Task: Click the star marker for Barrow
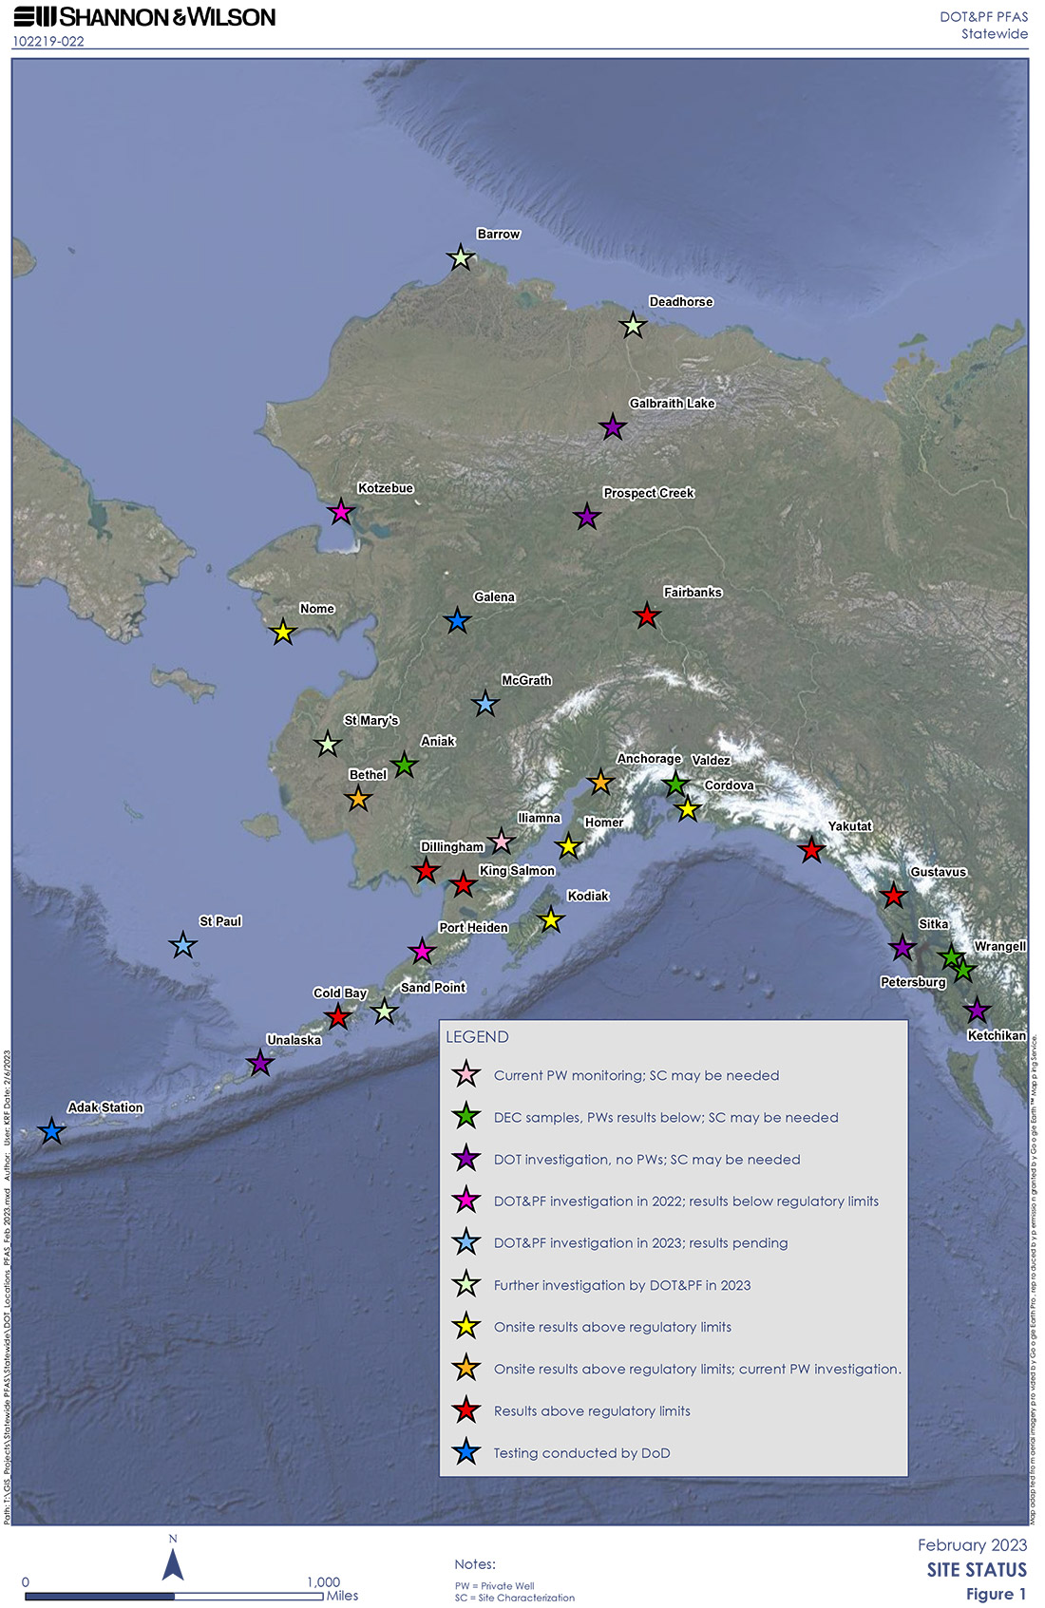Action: click(461, 257)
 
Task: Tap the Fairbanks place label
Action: click(693, 593)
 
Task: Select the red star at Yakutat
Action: click(810, 850)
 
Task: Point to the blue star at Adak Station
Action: click(51, 1131)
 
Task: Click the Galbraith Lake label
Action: click(672, 404)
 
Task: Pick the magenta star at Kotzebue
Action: click(340, 513)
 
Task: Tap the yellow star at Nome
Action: click(282, 633)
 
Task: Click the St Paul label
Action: click(220, 921)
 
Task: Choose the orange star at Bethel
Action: click(358, 799)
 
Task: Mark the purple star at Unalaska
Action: click(260, 1064)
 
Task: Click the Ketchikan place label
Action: click(996, 1035)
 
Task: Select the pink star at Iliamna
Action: click(501, 842)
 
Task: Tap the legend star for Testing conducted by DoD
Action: click(465, 1452)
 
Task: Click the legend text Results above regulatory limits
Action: click(592, 1411)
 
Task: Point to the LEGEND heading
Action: click(477, 1037)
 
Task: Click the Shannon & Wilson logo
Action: click(144, 17)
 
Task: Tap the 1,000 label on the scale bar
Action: click(323, 1582)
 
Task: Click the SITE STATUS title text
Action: click(977, 1570)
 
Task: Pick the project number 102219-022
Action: click(48, 42)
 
